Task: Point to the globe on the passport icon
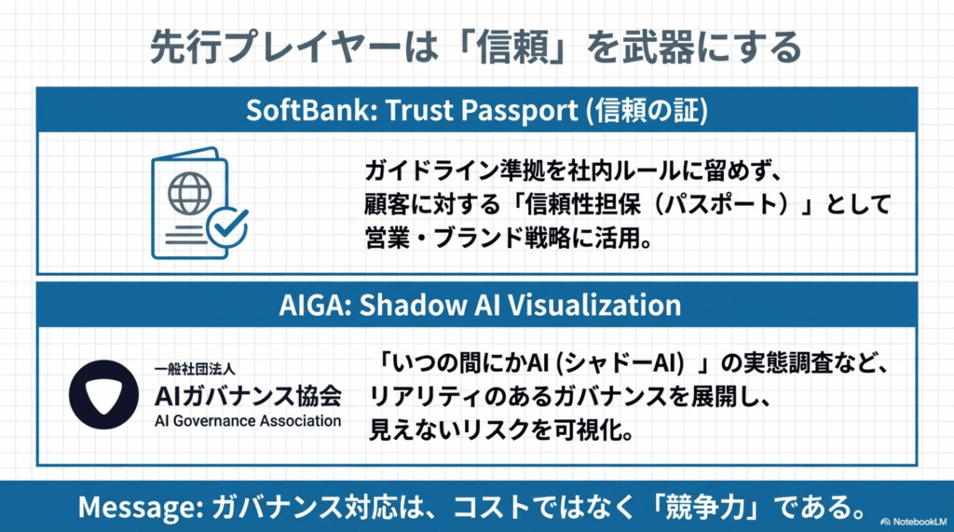[189, 194]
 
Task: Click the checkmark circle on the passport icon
[227, 226]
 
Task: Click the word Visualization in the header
[594, 305]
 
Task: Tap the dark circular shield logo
[103, 394]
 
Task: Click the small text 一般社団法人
[195, 369]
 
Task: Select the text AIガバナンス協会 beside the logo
[248, 396]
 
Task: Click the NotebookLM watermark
[913, 522]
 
